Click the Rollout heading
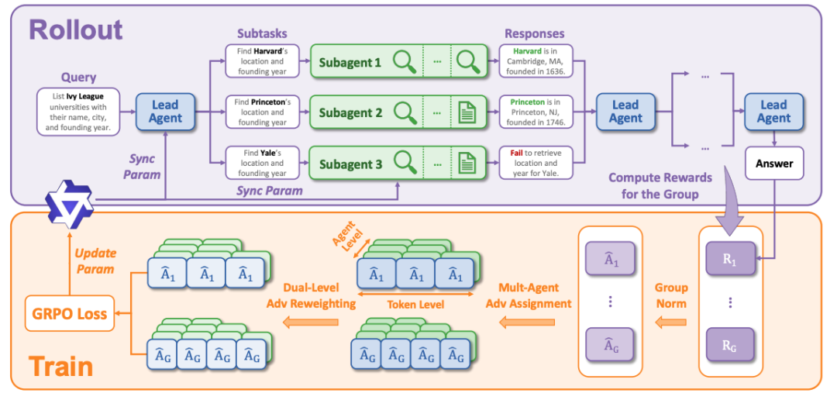coord(76,29)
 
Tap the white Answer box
coord(774,164)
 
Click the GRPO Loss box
coord(68,313)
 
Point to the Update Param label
coord(94,261)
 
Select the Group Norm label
coord(671,295)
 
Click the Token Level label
coord(416,305)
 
